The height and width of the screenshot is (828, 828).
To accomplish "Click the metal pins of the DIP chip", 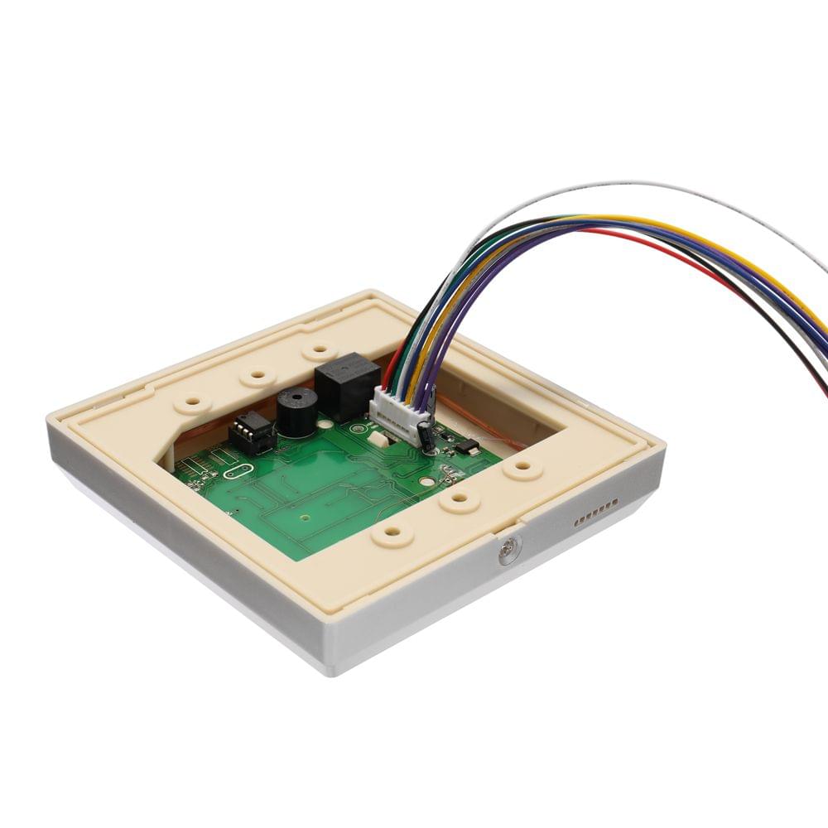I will (246, 425).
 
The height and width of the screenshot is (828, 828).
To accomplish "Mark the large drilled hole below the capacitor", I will (425, 479).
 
